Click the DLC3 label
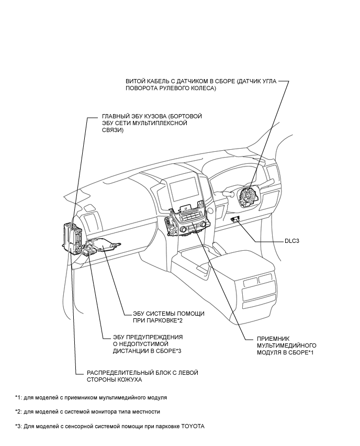(x=285, y=242)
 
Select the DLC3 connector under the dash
(x=237, y=219)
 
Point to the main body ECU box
(x=70, y=236)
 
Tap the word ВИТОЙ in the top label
(x=136, y=82)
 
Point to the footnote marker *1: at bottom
(x=19, y=398)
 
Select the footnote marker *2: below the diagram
(x=19, y=412)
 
